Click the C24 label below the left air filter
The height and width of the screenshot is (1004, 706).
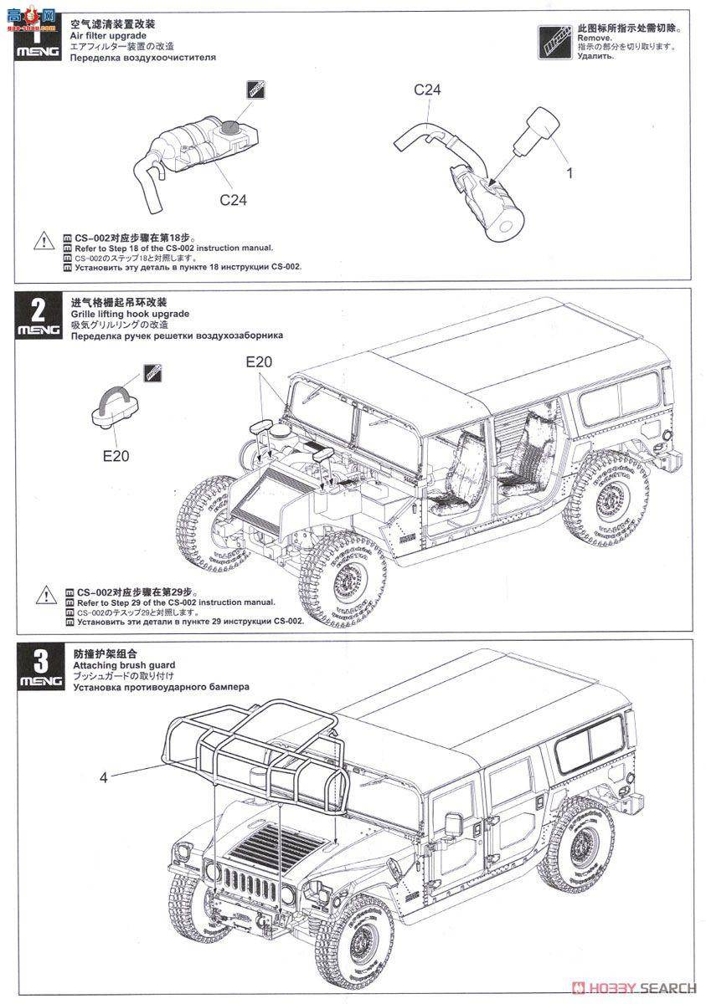(233, 200)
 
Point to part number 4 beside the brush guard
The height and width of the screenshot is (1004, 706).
(103, 777)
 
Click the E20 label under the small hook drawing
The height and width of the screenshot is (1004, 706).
(116, 456)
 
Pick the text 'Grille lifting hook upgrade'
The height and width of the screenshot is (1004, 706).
(130, 314)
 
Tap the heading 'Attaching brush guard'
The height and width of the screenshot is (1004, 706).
(124, 665)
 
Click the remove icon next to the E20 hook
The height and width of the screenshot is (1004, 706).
(152, 374)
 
